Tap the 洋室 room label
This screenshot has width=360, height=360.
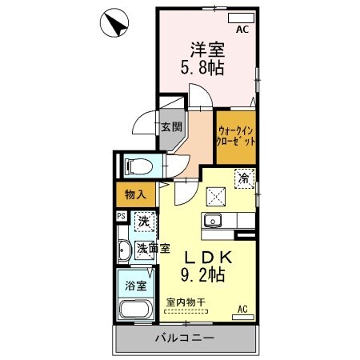click(206, 48)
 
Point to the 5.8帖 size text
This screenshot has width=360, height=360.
click(206, 68)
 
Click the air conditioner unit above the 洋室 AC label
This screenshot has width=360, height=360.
click(240, 18)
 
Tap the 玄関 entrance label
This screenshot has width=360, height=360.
click(170, 126)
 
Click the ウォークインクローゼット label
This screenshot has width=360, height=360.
click(236, 134)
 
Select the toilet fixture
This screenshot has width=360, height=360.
click(138, 167)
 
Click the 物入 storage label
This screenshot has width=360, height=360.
click(135, 194)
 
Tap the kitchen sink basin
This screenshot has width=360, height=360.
click(213, 220)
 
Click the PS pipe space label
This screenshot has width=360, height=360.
click(121, 215)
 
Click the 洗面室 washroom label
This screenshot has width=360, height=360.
click(152, 248)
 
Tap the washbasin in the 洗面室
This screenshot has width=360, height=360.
click(124, 250)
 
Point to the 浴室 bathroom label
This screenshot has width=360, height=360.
click(135, 284)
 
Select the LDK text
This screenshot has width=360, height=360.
click(210, 258)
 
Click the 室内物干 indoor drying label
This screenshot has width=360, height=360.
click(186, 302)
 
